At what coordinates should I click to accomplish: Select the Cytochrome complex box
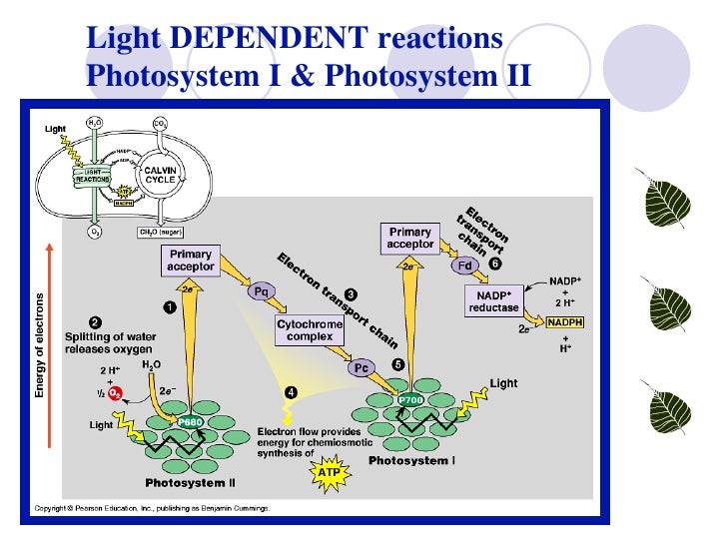coord(309,330)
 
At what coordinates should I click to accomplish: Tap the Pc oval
coord(362,367)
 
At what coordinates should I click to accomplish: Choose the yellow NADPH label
coord(564,321)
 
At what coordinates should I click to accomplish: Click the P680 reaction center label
coord(190,422)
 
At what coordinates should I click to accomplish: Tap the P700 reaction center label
coord(410,399)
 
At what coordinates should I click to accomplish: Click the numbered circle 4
coord(292,391)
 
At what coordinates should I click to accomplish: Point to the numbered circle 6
coord(493,264)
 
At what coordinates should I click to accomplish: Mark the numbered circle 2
coord(94,321)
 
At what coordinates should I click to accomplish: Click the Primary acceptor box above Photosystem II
coord(190,261)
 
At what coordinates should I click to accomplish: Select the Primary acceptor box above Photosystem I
coord(410,238)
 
